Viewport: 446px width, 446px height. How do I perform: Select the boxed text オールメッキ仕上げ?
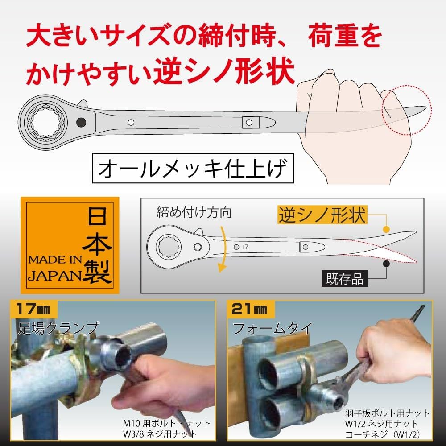coord(193,169)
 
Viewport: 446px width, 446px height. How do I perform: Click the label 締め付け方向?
coord(194,213)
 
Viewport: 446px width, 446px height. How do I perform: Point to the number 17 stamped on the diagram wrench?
coord(244,246)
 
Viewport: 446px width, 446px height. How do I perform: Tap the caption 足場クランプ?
coord(58,328)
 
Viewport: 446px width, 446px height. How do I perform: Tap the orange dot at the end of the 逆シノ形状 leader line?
coord(385,228)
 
